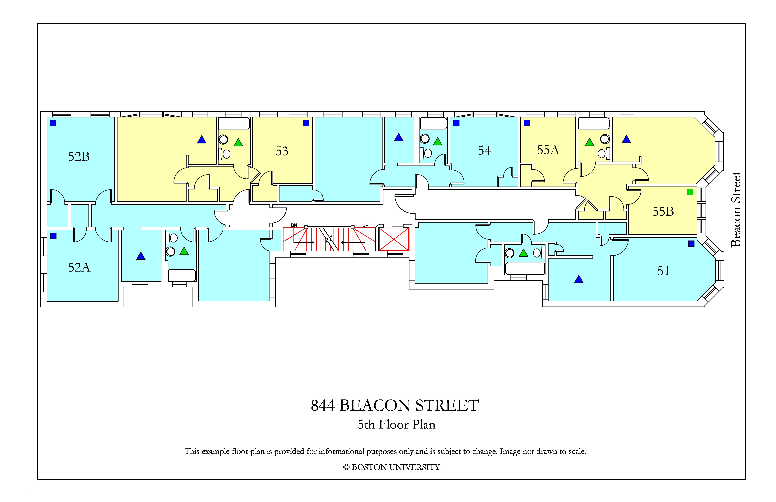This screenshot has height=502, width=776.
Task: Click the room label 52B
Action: click(x=79, y=157)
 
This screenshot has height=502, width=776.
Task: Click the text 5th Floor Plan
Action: click(x=397, y=424)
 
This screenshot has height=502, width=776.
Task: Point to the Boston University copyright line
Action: click(x=392, y=467)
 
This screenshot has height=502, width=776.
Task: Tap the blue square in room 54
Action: click(x=456, y=123)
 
